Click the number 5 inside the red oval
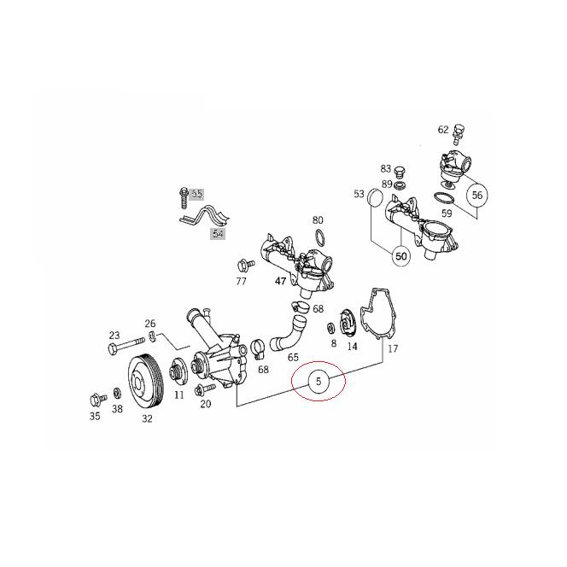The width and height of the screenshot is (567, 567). pyautogui.click(x=318, y=382)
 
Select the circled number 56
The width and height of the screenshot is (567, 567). pyautogui.click(x=476, y=195)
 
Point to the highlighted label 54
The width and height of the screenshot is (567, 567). pyautogui.click(x=217, y=232)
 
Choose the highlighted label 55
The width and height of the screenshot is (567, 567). pyautogui.click(x=197, y=194)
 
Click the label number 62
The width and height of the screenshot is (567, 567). pyautogui.click(x=442, y=130)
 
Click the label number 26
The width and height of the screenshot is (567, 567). pyautogui.click(x=150, y=324)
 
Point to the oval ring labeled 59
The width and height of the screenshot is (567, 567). pyautogui.click(x=443, y=198)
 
